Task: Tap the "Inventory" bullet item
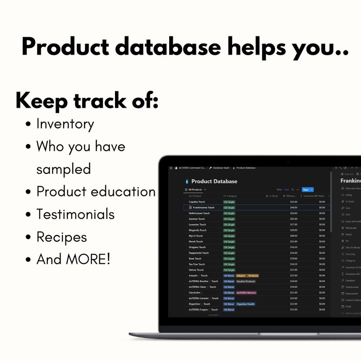point(65,124)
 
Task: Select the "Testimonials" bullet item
point(75,214)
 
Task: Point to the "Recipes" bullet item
point(61,237)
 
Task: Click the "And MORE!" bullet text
point(73,259)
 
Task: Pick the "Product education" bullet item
point(96,191)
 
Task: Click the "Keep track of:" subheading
point(87,101)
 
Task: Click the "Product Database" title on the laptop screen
point(214,181)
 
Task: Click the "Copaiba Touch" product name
point(197,202)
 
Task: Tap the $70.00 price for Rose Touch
point(294,258)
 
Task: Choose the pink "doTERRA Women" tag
point(246,293)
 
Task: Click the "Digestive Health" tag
point(246,304)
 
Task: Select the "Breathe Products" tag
point(246,281)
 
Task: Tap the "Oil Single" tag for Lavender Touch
point(229,225)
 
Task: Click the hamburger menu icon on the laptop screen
point(171,168)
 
